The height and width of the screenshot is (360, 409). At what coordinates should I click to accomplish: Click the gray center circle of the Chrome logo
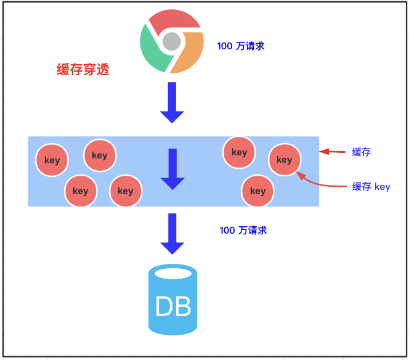(x=172, y=42)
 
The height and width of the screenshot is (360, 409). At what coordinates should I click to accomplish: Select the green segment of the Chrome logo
(x=152, y=52)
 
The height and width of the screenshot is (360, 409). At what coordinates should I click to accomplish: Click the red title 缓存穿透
(x=83, y=70)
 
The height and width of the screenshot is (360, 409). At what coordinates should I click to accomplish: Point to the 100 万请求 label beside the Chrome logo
(x=241, y=46)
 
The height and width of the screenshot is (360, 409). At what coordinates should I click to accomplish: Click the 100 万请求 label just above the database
(x=243, y=230)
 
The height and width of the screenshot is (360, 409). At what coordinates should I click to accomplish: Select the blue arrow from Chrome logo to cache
(x=172, y=102)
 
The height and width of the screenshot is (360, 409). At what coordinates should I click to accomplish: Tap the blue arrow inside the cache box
(x=172, y=169)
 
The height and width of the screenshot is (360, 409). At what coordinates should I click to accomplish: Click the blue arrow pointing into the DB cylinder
(x=172, y=234)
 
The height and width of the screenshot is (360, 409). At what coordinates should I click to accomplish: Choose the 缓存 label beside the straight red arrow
(x=361, y=152)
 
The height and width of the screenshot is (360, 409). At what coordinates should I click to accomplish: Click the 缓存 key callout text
(x=371, y=186)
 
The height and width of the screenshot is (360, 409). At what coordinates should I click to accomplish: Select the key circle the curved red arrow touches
(x=284, y=160)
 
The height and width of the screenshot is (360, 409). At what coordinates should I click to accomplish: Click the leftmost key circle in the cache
(x=52, y=160)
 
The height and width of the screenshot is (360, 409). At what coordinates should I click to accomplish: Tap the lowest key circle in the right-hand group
(x=257, y=190)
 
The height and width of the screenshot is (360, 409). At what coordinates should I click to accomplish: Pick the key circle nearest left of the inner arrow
(x=125, y=190)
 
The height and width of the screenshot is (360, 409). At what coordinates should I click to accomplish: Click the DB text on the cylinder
(x=173, y=306)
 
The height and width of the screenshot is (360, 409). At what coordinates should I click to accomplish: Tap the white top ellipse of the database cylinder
(x=173, y=273)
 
